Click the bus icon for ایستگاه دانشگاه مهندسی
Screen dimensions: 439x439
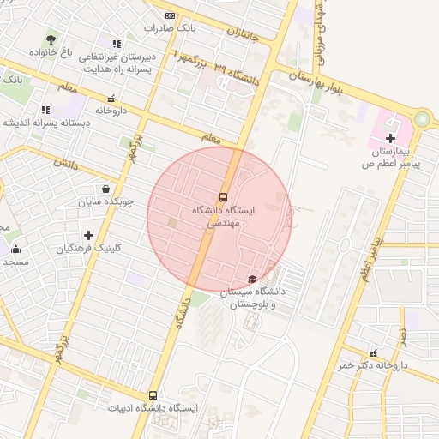coord(224,196)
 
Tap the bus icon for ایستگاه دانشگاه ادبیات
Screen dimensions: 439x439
coord(153,395)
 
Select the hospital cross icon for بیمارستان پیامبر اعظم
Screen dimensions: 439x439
coord(390,138)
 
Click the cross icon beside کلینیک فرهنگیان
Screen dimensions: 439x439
coord(88,235)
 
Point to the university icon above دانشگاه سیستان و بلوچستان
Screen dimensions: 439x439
coord(251,279)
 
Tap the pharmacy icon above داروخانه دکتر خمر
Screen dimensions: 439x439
coord(373,352)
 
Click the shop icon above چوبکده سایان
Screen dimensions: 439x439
coord(105,189)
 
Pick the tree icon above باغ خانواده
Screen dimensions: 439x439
coord(51,39)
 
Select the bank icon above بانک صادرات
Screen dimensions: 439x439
coord(170,15)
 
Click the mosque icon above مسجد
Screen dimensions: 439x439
coord(15,249)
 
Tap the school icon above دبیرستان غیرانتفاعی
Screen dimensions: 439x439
coord(117,44)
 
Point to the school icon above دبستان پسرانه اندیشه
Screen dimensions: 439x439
coord(45,110)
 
